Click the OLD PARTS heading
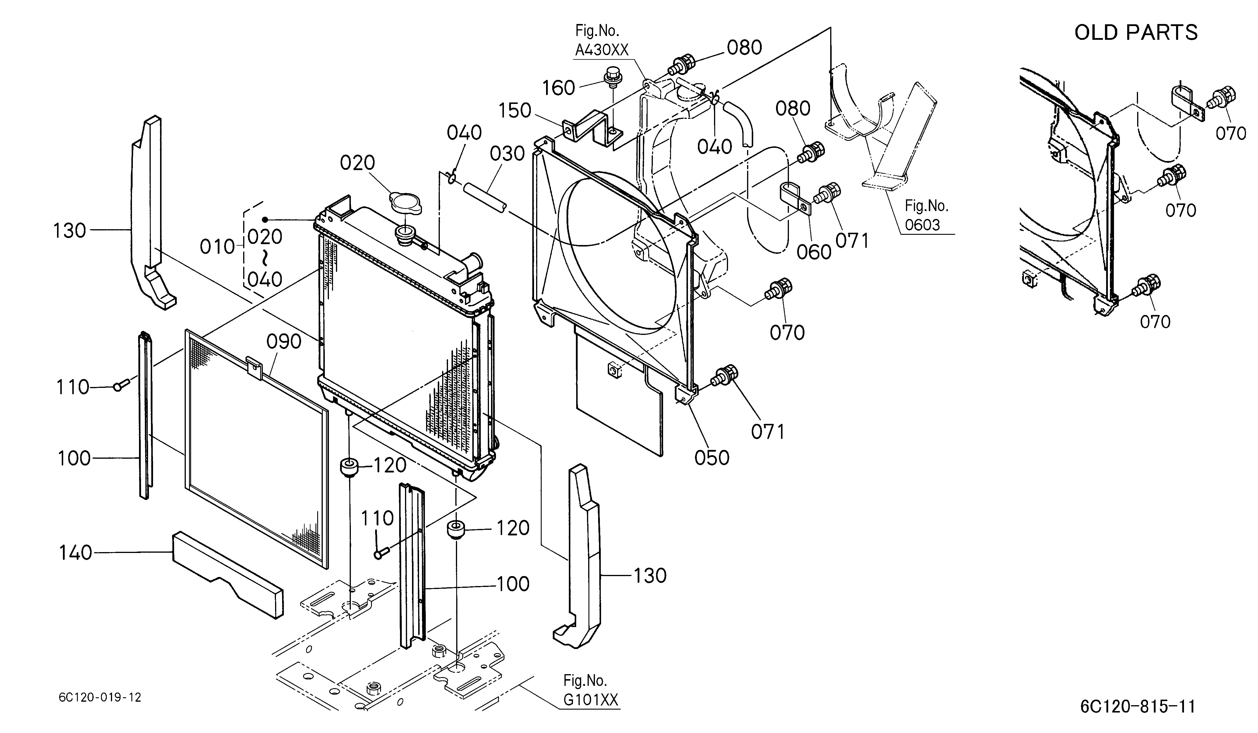tap(1136, 32)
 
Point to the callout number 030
tap(507, 153)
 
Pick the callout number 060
tap(814, 252)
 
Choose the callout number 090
tap(284, 342)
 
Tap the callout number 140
tap(76, 553)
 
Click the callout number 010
tap(217, 247)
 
